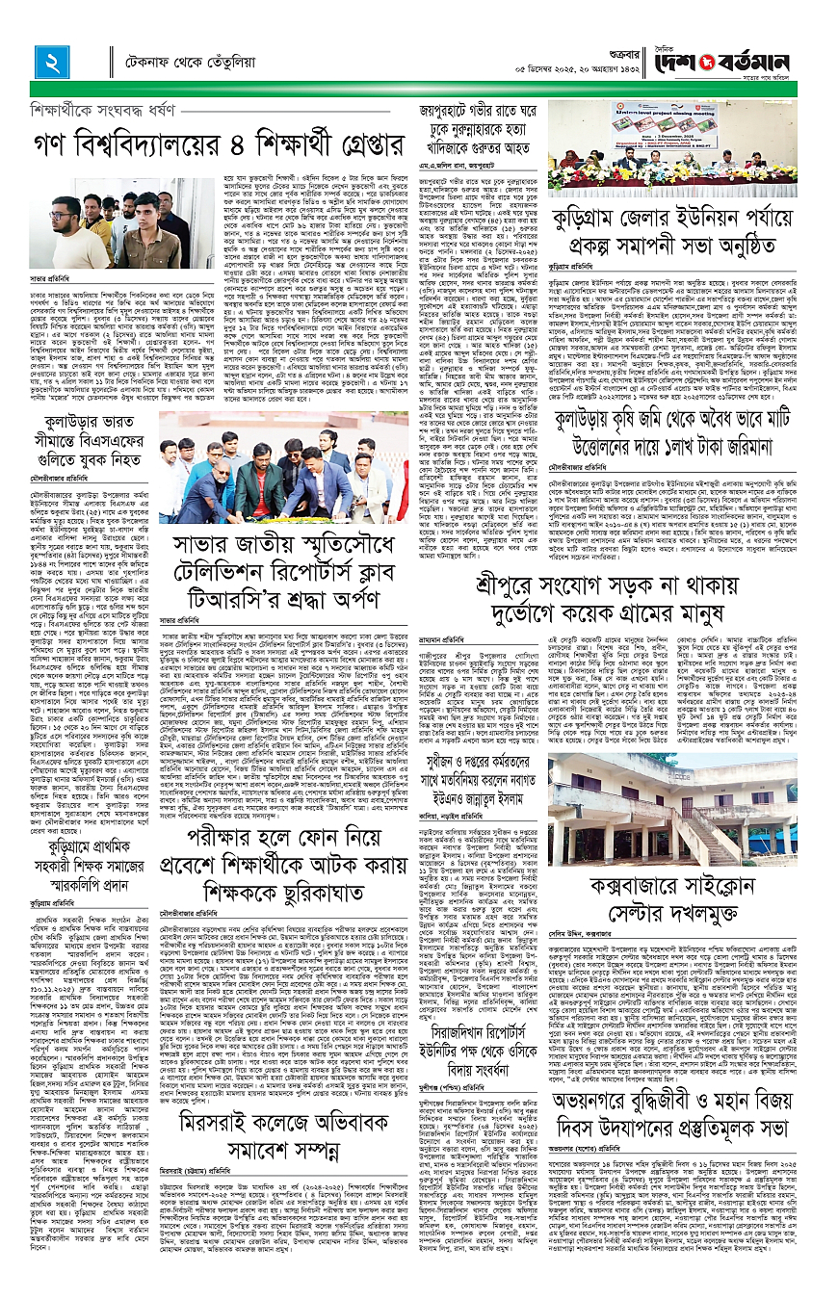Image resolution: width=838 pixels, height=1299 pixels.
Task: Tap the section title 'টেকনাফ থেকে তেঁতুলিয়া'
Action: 181,65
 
